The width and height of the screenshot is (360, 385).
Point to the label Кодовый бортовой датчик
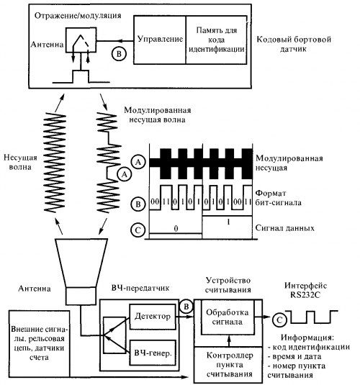coord(294,44)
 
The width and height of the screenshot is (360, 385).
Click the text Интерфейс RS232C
coord(305,290)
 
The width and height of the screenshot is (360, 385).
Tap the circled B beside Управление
coord(119,53)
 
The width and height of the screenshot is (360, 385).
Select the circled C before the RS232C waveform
coord(279,320)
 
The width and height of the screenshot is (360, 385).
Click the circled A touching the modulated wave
coord(125,174)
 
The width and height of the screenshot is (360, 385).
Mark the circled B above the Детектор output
coord(186,307)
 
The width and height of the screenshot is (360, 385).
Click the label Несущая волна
coord(20,163)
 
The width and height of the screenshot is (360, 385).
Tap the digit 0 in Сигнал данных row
coord(176,229)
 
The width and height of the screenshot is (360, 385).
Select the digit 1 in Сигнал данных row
coord(228,222)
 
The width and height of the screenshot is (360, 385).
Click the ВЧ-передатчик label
coord(140,288)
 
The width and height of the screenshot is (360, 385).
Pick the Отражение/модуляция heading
coord(78,15)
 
